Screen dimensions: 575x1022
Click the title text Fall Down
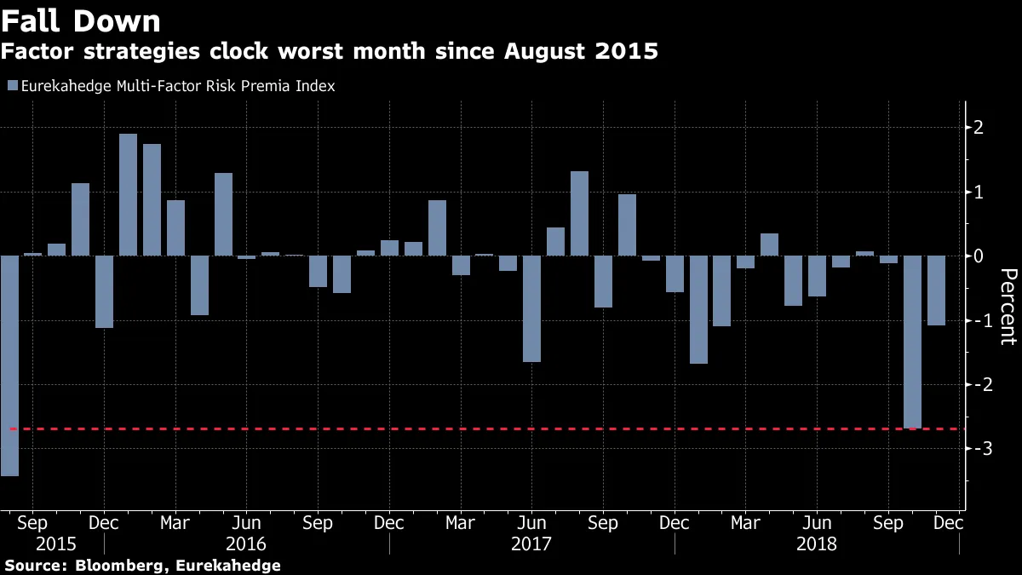(81, 20)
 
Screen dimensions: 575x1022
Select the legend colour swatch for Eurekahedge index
(11, 86)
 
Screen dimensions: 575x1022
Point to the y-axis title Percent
(1008, 307)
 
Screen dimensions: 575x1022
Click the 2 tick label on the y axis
(979, 128)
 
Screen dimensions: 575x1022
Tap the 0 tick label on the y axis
(979, 256)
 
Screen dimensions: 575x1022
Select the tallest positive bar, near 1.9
(128, 194)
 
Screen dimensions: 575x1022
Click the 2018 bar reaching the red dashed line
(912, 341)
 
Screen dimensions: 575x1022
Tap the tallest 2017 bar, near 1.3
(579, 213)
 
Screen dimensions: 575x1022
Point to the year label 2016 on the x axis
(246, 543)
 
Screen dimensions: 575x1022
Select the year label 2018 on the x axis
(817, 543)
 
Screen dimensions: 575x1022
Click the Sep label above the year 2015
(32, 521)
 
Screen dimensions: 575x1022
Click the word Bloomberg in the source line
(115, 566)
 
